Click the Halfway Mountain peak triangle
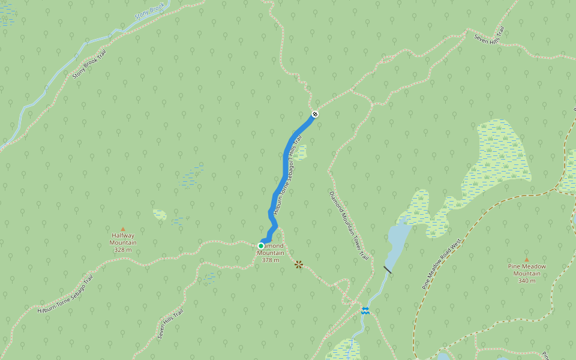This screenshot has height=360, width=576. click(x=123, y=229)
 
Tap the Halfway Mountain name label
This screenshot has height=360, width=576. click(x=123, y=239)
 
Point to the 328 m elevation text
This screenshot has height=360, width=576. click(x=123, y=250)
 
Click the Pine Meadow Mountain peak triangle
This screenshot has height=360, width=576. click(x=527, y=260)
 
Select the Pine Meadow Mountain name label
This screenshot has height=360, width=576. click(x=527, y=270)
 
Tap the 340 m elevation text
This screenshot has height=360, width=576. click(x=527, y=281)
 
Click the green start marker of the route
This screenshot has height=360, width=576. click(x=261, y=246)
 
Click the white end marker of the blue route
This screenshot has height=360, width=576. click(x=315, y=114)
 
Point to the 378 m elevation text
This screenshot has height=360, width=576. click(x=271, y=260)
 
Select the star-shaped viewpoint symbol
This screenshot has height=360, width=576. click(x=299, y=264)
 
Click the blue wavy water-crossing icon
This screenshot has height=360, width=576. click(x=365, y=310)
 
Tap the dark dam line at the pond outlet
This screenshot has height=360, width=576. click(x=388, y=270)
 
